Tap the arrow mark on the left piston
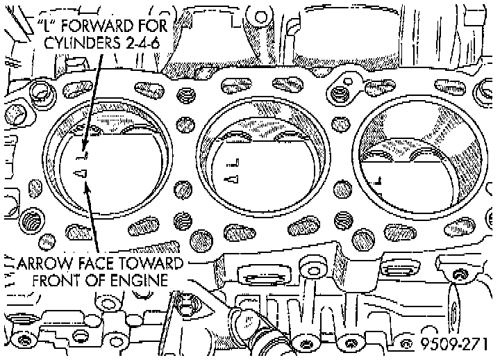click(80, 172)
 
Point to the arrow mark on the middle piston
click(233, 179)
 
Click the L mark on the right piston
click(376, 179)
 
